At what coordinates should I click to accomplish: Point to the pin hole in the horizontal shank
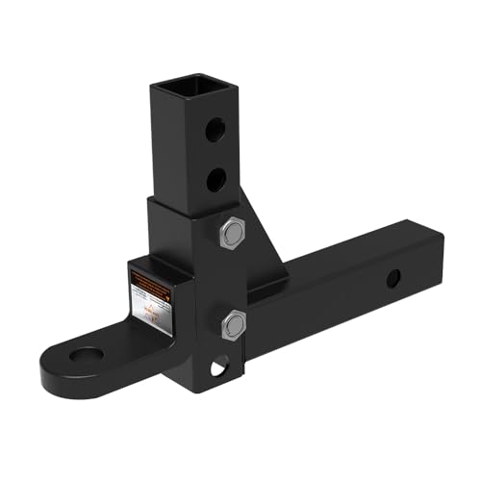pyautogui.click(x=392, y=278)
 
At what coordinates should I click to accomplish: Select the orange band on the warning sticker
pyautogui.click(x=151, y=279)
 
